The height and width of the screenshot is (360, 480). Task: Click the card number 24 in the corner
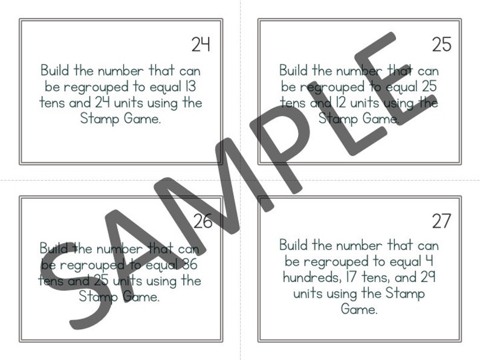pyautogui.click(x=201, y=44)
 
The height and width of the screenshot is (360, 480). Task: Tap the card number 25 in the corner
pyautogui.click(x=441, y=44)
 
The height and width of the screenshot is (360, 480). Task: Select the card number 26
pyautogui.click(x=203, y=222)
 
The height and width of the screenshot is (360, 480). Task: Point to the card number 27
pyautogui.click(x=441, y=222)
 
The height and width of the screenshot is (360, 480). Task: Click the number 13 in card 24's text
pyautogui.click(x=189, y=86)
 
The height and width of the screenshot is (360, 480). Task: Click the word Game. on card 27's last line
pyautogui.click(x=359, y=310)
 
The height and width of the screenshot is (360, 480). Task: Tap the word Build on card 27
pyautogui.click(x=295, y=246)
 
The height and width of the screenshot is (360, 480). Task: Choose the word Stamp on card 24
pyautogui.click(x=99, y=118)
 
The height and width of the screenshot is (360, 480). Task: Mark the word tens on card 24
pyautogui.click(x=52, y=103)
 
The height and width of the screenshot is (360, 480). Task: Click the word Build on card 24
pyautogui.click(x=56, y=71)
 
